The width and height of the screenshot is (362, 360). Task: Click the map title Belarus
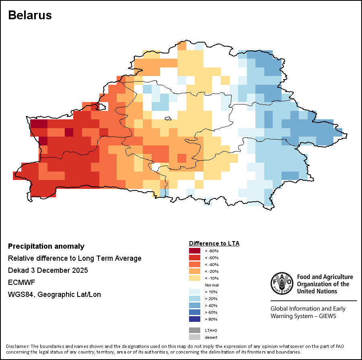click(x=30, y=15)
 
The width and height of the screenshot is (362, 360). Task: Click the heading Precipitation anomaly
click(x=46, y=246)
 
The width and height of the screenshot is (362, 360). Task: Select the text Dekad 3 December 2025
click(x=48, y=270)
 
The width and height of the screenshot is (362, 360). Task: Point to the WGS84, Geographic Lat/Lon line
click(x=54, y=295)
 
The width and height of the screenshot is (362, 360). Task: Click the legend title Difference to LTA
click(x=214, y=243)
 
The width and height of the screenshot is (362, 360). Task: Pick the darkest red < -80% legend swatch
click(x=194, y=251)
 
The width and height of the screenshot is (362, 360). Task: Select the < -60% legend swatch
click(x=194, y=258)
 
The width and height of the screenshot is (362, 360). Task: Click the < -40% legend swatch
click(x=194, y=264)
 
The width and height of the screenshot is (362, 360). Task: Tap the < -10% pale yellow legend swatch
click(x=194, y=278)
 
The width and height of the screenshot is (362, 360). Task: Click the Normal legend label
click(x=212, y=285)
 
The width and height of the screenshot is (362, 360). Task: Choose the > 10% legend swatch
click(x=194, y=292)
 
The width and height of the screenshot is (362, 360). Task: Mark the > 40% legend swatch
click(x=194, y=305)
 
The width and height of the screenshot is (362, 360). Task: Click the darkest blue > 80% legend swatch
click(x=194, y=319)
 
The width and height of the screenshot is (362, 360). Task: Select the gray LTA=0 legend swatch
click(x=194, y=330)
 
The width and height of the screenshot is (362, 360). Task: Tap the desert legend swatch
click(x=194, y=337)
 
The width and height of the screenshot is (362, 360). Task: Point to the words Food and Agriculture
click(x=325, y=277)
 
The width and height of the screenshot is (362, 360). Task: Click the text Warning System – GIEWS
click(x=303, y=316)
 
